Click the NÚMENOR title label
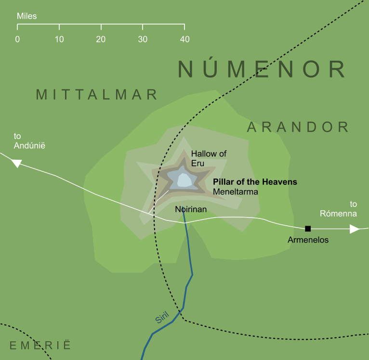tap(262, 69)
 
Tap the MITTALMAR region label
tap(97, 94)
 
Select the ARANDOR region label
tap(298, 127)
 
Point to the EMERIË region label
tap(40, 345)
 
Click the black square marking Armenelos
tap(308, 229)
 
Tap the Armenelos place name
tap(308, 239)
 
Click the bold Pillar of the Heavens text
tap(255, 182)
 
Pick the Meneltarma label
tap(236, 192)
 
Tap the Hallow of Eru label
tap(208, 158)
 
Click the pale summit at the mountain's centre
tap(184, 180)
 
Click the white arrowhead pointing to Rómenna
tap(355, 229)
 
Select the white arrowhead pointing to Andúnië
tap(17, 163)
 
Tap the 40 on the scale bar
tap(184, 39)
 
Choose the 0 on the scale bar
tap(18, 39)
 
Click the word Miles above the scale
tap(26, 16)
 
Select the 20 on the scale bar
tap(101, 39)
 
